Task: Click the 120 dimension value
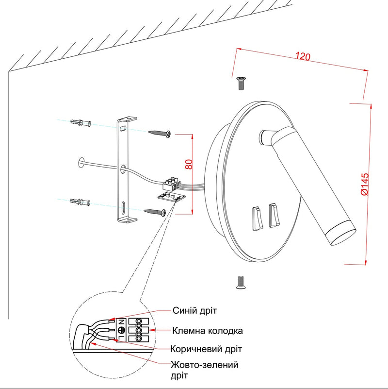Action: pyautogui.click(x=303, y=57)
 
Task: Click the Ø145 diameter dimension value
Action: pyautogui.click(x=365, y=185)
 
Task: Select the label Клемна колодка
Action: pyautogui.click(x=207, y=331)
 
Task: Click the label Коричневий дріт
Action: pyautogui.click(x=206, y=349)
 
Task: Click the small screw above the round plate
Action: pyautogui.click(x=240, y=83)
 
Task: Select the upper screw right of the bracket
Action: pyautogui.click(x=160, y=133)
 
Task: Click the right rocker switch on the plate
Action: pyautogui.click(x=273, y=216)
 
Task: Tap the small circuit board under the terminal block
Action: pyautogui.click(x=170, y=196)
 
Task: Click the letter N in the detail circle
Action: pyautogui.click(x=121, y=322)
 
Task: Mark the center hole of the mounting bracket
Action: pyautogui.click(x=124, y=169)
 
